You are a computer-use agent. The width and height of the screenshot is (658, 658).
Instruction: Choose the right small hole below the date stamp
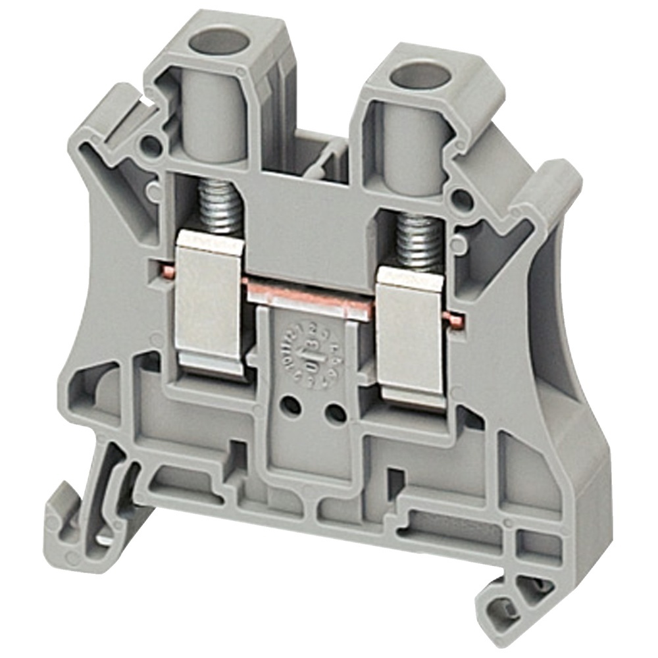[336, 413]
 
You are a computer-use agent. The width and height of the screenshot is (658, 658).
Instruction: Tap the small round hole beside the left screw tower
[152, 143]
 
